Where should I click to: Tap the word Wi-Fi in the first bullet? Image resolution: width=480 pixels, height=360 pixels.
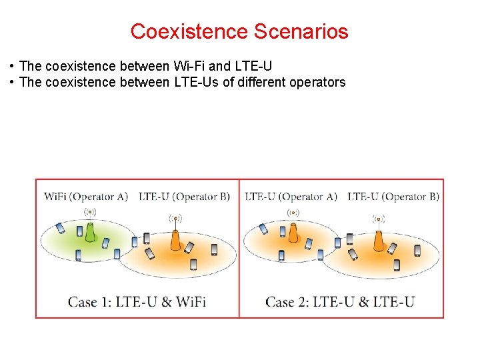[x=189, y=66]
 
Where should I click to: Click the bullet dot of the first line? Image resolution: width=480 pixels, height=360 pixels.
[x=13, y=66]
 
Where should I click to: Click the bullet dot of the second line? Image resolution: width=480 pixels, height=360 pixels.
[x=13, y=82]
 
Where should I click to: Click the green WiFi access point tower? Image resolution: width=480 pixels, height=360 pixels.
[x=91, y=233]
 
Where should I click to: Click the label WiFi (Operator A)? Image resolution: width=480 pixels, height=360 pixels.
[x=86, y=197]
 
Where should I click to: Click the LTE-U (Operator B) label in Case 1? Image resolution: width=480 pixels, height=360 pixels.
[x=184, y=197]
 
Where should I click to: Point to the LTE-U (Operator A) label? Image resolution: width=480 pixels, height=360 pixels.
[x=291, y=197]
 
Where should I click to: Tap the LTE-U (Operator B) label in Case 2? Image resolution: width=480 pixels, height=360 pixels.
[x=393, y=197]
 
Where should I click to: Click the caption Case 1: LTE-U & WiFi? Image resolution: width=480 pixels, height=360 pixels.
[x=137, y=301]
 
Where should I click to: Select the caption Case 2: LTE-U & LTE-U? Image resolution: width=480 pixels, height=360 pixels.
[x=340, y=301]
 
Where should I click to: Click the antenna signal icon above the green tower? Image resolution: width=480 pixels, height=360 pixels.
[x=91, y=213]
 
